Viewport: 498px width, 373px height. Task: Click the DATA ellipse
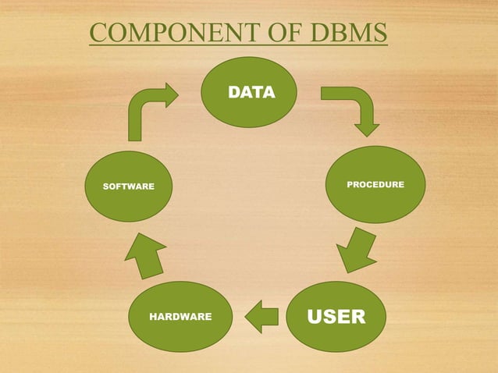pos(251,92)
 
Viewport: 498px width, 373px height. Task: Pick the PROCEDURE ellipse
pos(375,185)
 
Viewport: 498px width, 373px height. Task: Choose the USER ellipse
pos(336,316)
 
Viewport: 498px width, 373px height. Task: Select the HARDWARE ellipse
pos(180,316)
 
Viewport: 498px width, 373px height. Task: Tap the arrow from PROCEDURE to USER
pos(357,250)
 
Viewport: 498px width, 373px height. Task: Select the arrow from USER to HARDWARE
pos(262,316)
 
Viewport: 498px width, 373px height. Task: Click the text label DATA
pos(251,93)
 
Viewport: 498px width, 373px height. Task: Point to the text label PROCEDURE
pos(375,185)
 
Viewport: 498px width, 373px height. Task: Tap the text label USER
pos(336,317)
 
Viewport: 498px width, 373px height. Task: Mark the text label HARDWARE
pos(180,317)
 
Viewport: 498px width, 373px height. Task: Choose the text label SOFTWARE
pos(129,186)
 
